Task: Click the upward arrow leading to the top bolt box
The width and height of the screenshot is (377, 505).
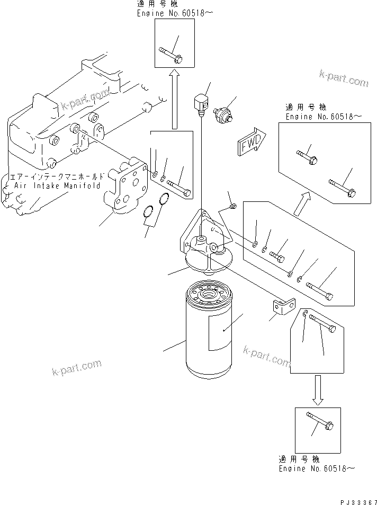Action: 174,101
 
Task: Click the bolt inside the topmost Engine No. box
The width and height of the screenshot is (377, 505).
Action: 170,56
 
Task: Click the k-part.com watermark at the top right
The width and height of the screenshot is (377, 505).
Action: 343,78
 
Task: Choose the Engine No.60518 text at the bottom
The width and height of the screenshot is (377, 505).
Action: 317,469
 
